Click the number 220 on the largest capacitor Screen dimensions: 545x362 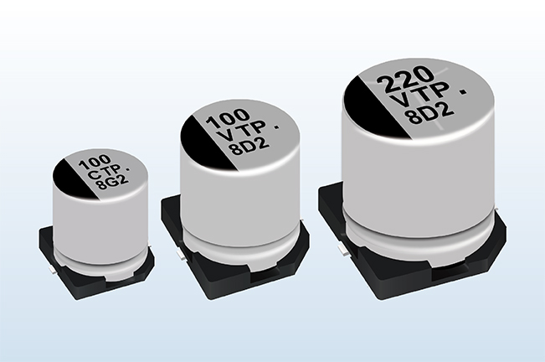405,80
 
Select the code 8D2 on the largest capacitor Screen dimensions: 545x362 431,114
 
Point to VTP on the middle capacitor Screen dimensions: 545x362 242,134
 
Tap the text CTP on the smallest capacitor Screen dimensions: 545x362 104,173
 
